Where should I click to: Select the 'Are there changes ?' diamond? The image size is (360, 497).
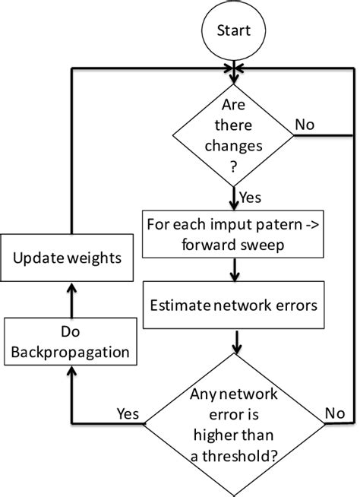coord(234,136)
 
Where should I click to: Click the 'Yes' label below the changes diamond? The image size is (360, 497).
coord(251,198)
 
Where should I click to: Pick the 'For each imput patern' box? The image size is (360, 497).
coord(234,235)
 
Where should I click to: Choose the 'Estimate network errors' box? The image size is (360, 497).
coord(234,307)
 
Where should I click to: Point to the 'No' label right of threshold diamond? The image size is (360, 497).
coord(336,413)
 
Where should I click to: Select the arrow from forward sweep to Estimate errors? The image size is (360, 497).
coord(235,271)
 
